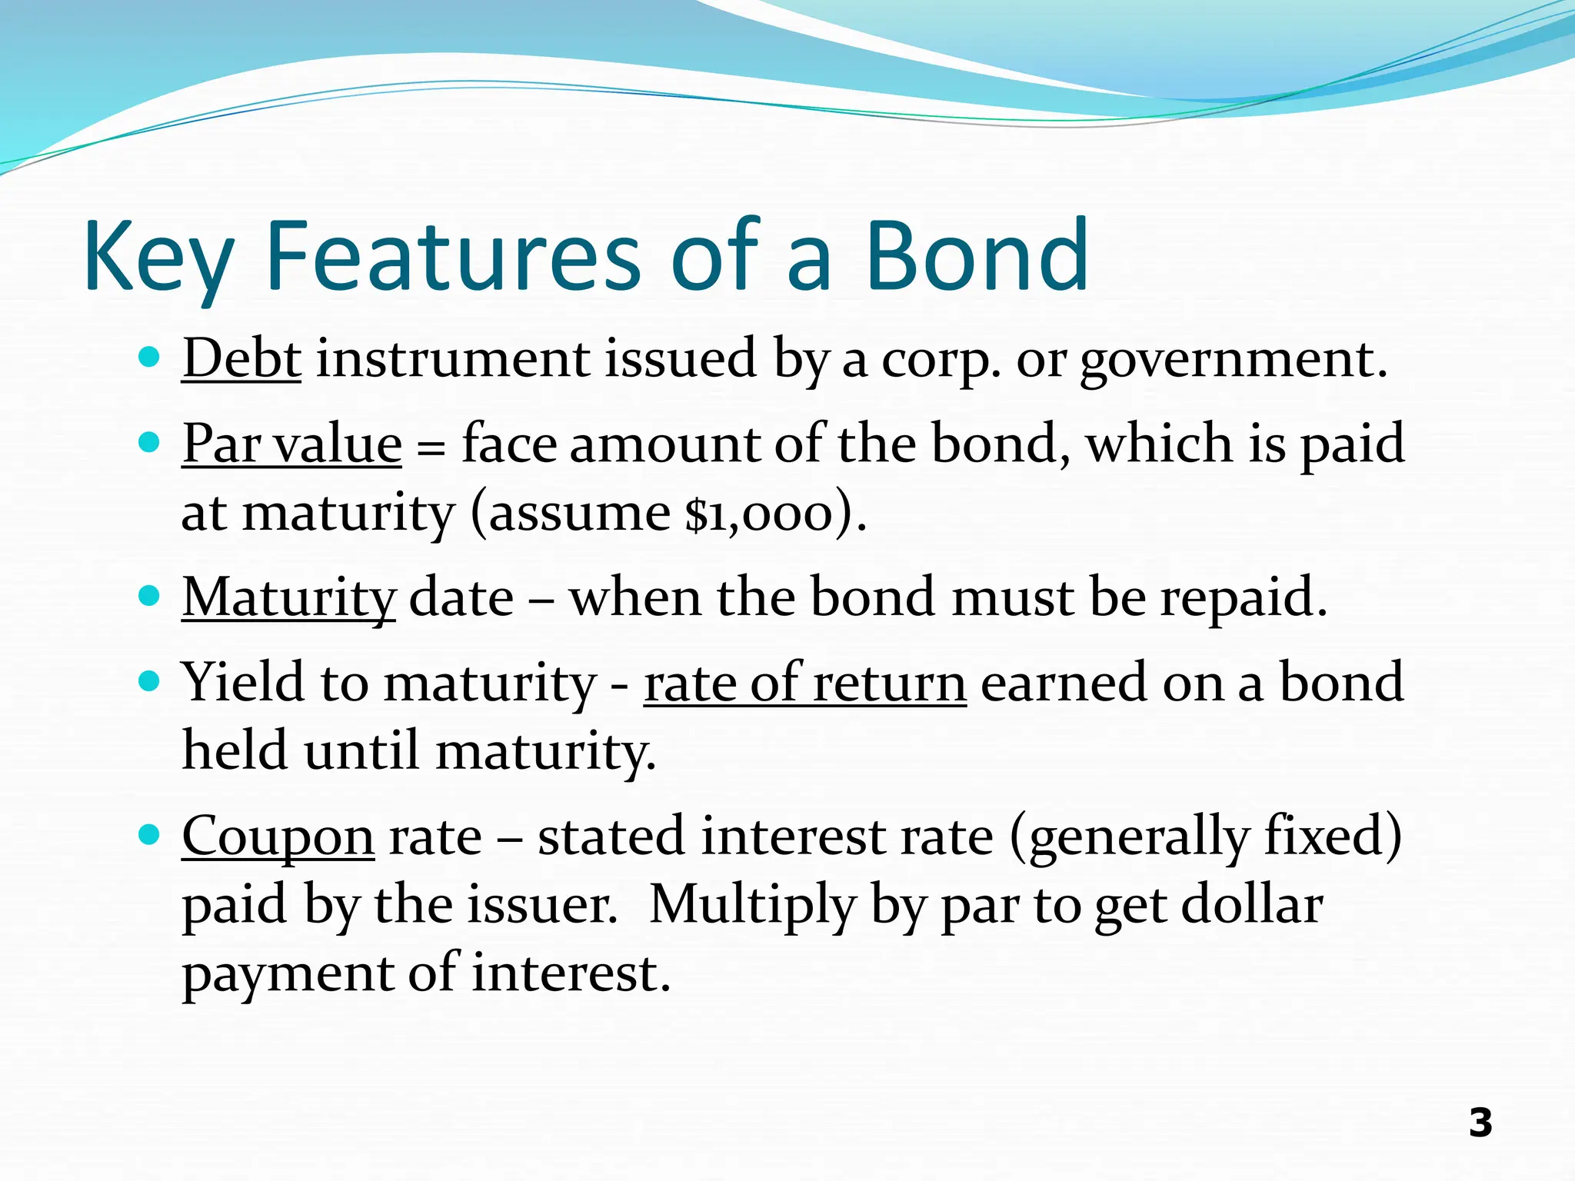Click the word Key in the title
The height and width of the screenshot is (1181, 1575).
pyautogui.click(x=158, y=258)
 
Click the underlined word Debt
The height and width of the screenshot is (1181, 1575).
pyautogui.click(x=241, y=358)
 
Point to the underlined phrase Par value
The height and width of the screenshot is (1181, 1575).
pyautogui.click(x=291, y=444)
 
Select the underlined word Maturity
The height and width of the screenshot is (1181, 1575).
pyautogui.click(x=288, y=597)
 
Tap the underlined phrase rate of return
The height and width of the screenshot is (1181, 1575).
pyautogui.click(x=804, y=683)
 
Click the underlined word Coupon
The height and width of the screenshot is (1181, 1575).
pyautogui.click(x=278, y=837)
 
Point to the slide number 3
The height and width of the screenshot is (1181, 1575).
pyautogui.click(x=1480, y=1123)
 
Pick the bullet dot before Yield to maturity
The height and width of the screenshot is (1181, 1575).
pyautogui.click(x=148, y=680)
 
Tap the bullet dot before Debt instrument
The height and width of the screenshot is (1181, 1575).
pyautogui.click(x=148, y=358)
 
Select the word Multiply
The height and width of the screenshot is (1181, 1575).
pyautogui.click(x=752, y=905)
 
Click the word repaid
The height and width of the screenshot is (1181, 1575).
pyautogui.click(x=1242, y=597)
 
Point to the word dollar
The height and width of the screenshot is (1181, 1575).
pyautogui.click(x=1252, y=905)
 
